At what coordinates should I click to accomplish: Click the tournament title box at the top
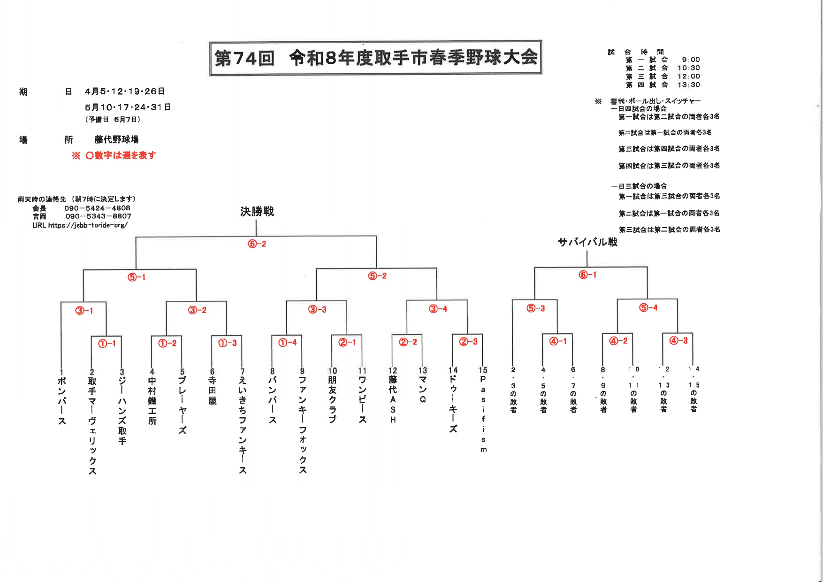coord(375,58)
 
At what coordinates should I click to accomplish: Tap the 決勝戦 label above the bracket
coord(257,212)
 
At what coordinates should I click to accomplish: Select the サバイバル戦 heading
coord(587,242)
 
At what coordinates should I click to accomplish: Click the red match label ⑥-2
coord(257,244)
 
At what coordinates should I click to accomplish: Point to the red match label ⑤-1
coord(137,277)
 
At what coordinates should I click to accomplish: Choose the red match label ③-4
coord(438,309)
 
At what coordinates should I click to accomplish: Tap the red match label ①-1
coord(107,344)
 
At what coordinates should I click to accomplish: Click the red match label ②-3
coord(468,342)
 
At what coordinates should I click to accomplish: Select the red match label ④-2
coord(618,341)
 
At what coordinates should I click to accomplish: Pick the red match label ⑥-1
coord(587,275)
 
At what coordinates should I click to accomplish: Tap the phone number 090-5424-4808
coord(97,208)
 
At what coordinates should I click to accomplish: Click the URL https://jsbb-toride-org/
coord(80,225)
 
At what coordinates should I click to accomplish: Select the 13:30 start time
coord(688,85)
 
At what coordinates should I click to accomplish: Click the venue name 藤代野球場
coord(116,139)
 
